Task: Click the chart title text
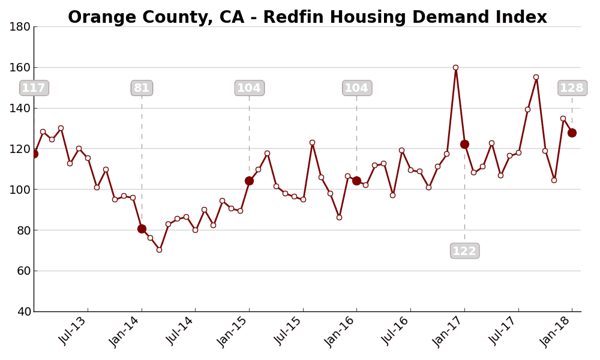pos(307,17)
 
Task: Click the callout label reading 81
pos(142,88)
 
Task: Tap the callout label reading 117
pos(34,88)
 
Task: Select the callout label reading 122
pos(464,251)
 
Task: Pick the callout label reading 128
pos(572,88)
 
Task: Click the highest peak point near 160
pos(455,68)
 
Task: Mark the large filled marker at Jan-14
pos(142,229)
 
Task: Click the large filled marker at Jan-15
pos(249,181)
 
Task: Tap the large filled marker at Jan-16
pos(356,181)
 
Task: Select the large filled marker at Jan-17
pos(464,144)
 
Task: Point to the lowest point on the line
pos(159,250)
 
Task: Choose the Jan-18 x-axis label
pos(557,331)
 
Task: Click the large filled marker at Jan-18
pos(572,133)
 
